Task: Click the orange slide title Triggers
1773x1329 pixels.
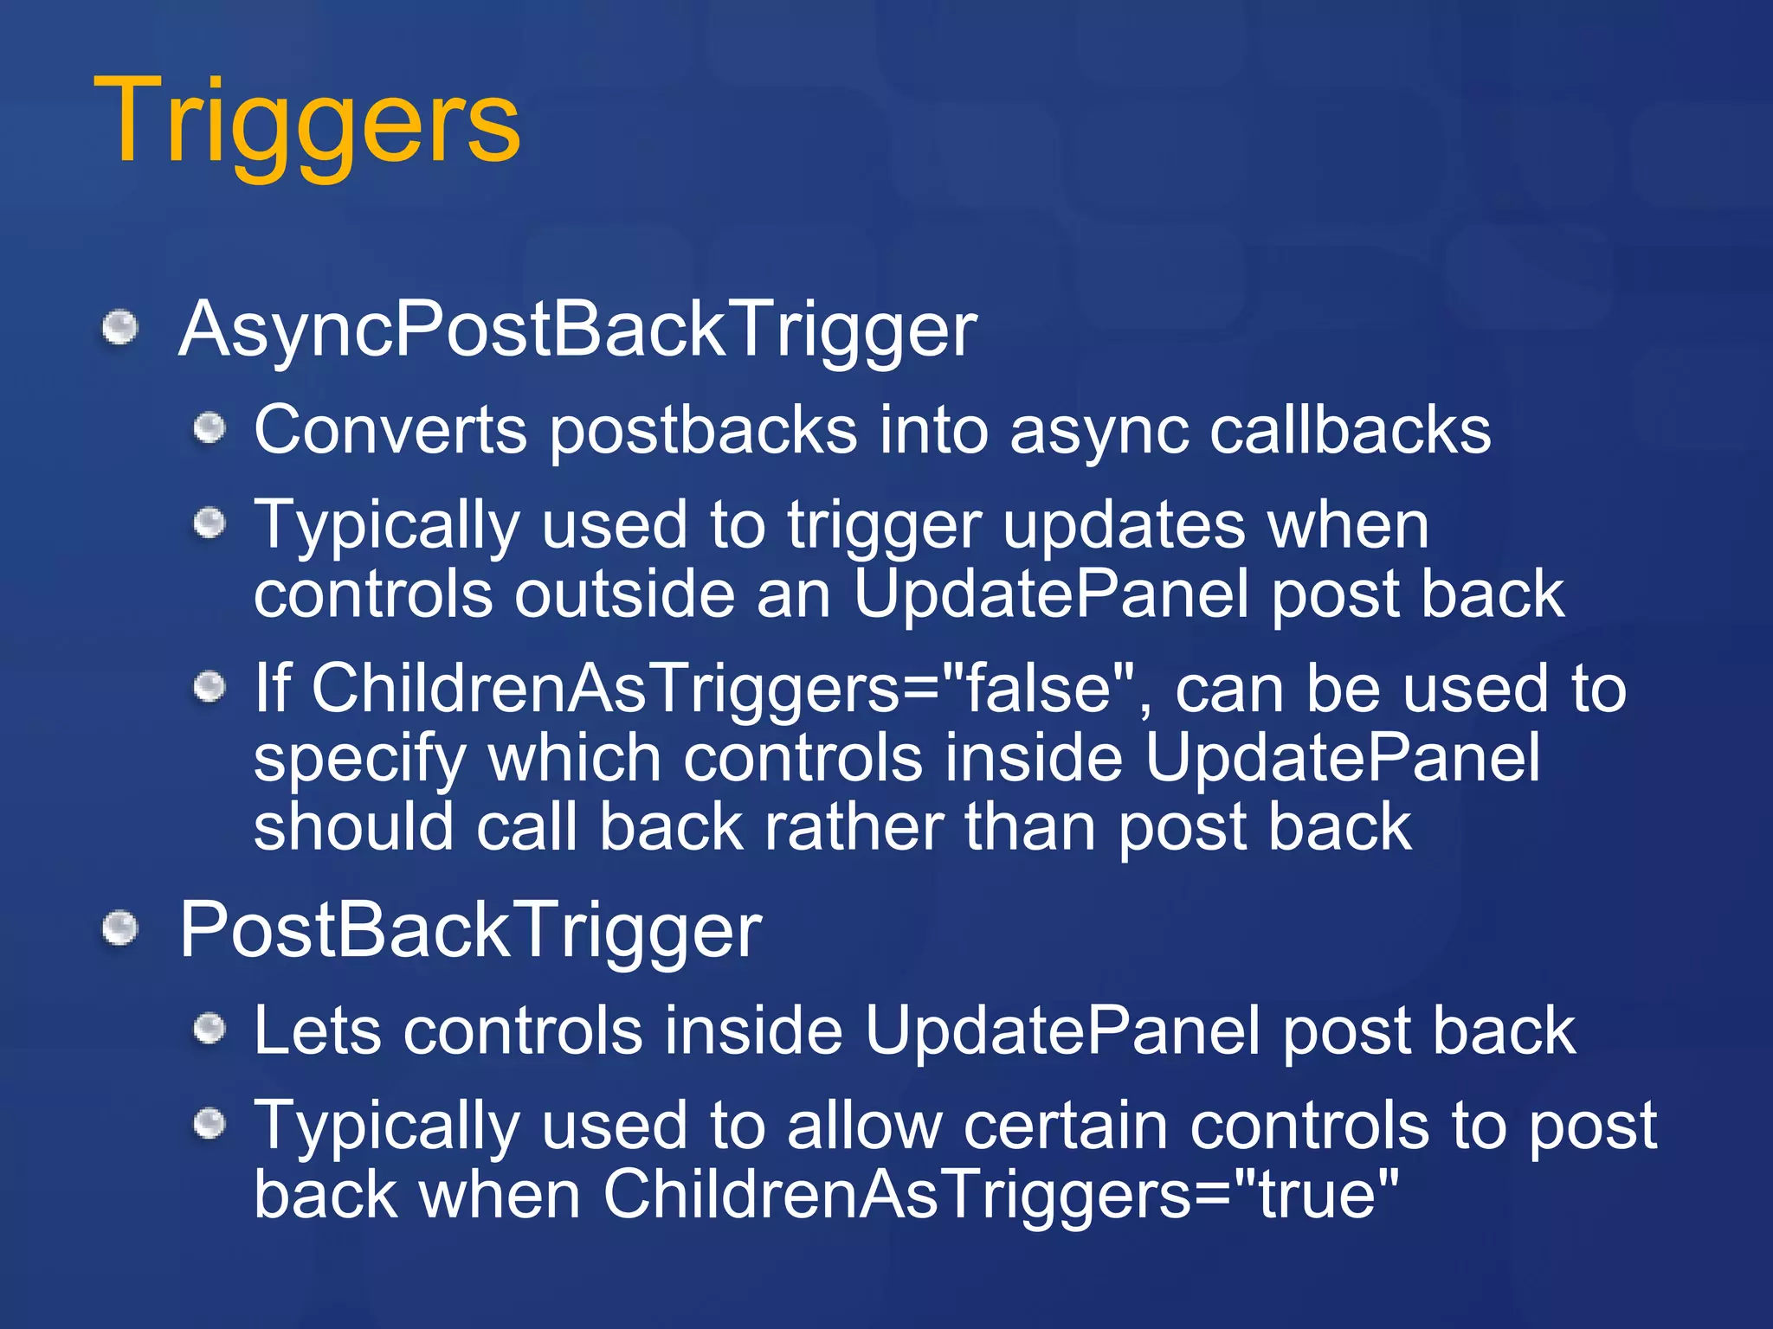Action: (307, 121)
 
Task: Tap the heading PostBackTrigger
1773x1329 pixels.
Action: (470, 930)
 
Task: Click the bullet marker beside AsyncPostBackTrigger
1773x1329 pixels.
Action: (120, 329)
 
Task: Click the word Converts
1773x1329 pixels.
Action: (390, 430)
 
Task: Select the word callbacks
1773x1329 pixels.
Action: (1350, 430)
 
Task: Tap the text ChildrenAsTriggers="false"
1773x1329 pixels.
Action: (723, 690)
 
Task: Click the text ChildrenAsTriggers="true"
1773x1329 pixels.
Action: (1000, 1195)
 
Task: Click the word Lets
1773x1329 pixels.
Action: (317, 1031)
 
